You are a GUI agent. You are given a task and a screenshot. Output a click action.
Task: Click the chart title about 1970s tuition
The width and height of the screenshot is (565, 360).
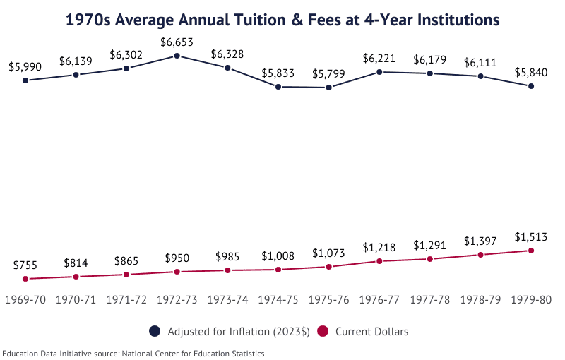point(282,20)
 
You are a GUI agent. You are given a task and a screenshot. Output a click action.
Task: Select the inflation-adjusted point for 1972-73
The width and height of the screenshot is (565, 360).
point(177,55)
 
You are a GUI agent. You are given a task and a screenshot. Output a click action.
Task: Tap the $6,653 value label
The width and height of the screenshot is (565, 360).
point(177,42)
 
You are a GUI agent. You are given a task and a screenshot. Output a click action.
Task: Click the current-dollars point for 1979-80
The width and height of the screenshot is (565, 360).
point(531,251)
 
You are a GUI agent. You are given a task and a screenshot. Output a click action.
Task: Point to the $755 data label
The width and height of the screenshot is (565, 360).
point(25,265)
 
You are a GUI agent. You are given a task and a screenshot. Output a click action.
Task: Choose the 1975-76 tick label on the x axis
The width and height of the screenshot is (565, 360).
point(329,300)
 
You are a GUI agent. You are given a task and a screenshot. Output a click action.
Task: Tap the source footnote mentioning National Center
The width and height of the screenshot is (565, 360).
point(133,353)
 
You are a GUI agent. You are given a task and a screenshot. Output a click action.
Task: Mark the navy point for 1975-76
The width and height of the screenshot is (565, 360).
point(329,88)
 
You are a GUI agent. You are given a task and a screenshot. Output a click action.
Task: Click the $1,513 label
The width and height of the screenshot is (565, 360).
point(531,236)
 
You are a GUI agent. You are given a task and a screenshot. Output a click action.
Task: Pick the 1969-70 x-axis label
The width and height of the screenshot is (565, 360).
point(25,300)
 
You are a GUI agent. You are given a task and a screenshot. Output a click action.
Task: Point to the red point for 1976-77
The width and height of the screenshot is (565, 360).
point(379,261)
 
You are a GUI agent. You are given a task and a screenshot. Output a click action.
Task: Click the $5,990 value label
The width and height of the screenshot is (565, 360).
point(25,67)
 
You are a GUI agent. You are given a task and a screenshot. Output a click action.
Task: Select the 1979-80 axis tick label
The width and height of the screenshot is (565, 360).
point(531,300)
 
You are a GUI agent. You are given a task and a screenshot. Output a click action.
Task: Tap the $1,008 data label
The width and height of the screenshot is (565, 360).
point(278,256)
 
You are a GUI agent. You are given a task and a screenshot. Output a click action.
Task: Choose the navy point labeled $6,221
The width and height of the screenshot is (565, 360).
point(379,71)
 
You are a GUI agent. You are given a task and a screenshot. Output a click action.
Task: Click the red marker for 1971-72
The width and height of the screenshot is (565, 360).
point(126,275)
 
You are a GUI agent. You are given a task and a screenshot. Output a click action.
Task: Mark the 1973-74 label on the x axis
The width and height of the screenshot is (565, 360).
point(227,300)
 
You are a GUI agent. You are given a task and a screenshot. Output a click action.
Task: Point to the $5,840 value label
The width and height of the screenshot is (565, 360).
point(531,73)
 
